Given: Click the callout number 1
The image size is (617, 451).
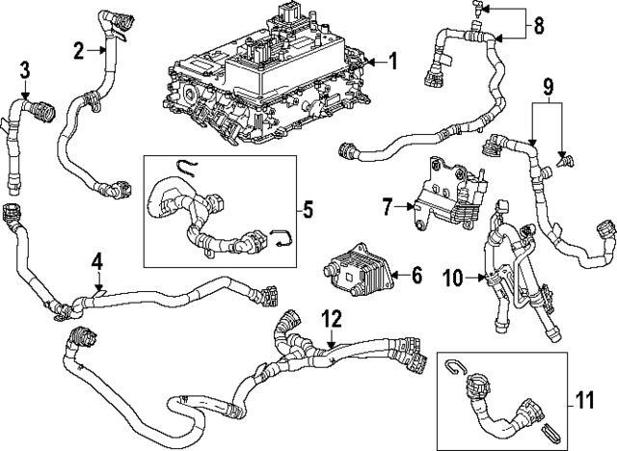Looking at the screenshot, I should [x=392, y=62].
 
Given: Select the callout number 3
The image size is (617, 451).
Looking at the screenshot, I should [x=25, y=68].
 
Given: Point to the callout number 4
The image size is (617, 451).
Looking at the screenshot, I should [x=97, y=260].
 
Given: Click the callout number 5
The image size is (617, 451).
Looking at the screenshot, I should [x=308, y=207].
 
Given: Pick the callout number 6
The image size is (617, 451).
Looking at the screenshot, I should [x=416, y=276].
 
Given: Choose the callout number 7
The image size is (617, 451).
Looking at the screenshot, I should [x=387, y=205].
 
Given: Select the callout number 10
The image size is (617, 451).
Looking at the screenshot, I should [x=452, y=279].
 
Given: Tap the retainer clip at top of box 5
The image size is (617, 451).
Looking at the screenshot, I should [x=190, y=171].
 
